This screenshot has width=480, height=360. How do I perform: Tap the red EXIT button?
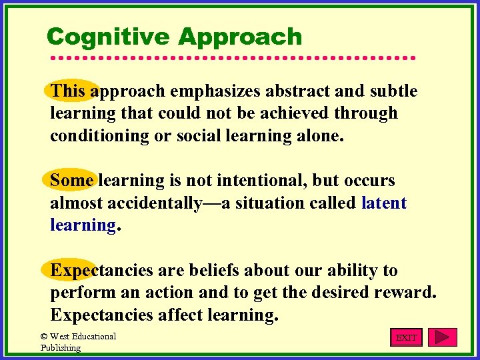point(406,337)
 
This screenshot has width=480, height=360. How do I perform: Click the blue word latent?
point(383,203)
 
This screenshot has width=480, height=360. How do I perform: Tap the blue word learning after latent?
point(83,225)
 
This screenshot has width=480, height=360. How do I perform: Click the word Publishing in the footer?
point(61,347)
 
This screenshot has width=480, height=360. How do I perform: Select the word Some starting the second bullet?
point(71,180)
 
